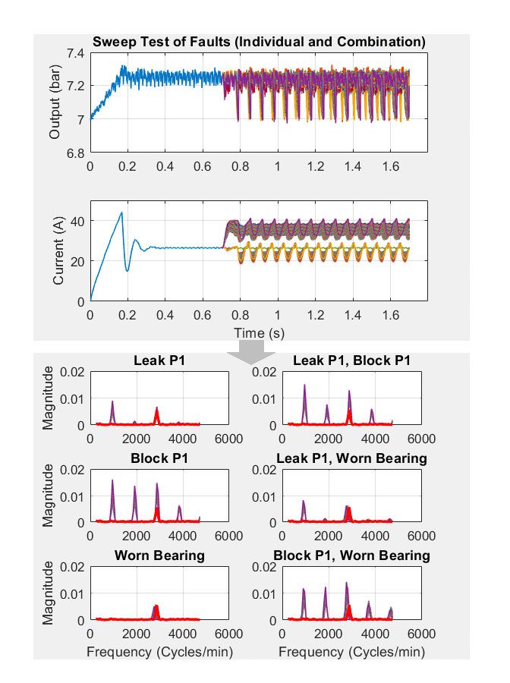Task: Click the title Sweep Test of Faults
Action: click(259, 41)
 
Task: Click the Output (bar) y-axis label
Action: click(55, 103)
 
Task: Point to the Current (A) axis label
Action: click(58, 251)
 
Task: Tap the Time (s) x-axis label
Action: click(249, 332)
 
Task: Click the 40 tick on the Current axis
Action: click(77, 221)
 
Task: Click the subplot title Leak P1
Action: click(160, 360)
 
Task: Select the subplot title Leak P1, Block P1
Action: click(351, 360)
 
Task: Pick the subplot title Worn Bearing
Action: click(160, 556)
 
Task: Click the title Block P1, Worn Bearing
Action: click(351, 556)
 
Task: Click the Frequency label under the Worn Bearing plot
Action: click(160, 651)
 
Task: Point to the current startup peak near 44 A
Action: click(121, 212)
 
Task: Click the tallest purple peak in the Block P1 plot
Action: click(112, 480)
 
